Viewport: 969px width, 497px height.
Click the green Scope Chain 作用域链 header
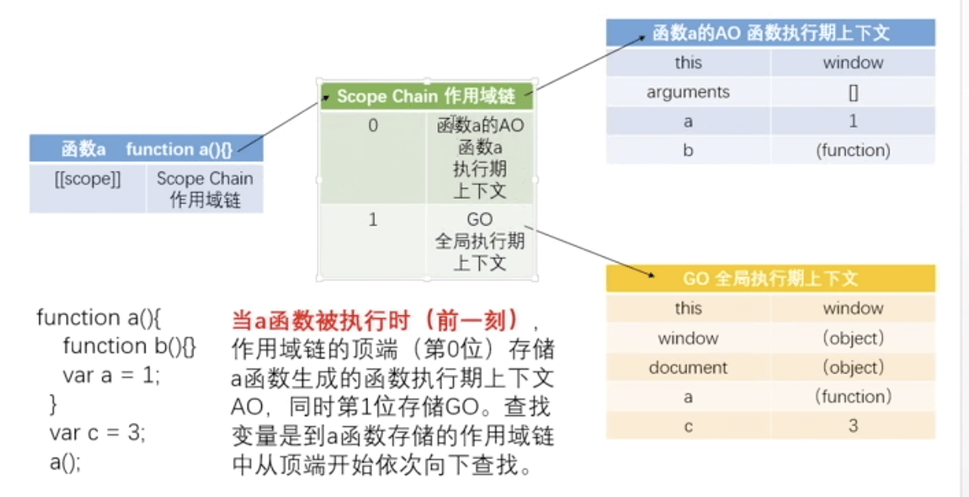pyautogui.click(x=426, y=96)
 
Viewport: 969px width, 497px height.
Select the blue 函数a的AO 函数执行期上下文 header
pyautogui.click(x=770, y=34)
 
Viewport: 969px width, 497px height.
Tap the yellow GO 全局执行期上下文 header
pyautogui.click(x=770, y=278)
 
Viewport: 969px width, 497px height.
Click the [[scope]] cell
pyautogui.click(x=88, y=179)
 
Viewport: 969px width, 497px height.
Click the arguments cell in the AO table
pyautogui.click(x=688, y=92)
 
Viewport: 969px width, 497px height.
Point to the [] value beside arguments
pyautogui.click(x=853, y=93)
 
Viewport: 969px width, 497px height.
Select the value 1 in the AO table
pyautogui.click(x=853, y=121)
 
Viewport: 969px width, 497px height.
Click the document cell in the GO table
pyautogui.click(x=688, y=367)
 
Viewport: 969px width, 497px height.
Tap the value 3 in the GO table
pyautogui.click(x=853, y=425)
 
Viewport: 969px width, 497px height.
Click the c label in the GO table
pyautogui.click(x=688, y=425)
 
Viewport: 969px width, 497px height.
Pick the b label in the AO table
pyautogui.click(x=688, y=150)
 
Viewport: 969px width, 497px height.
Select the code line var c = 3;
pyautogui.click(x=98, y=433)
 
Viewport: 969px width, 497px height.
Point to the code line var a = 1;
pyautogui.click(x=111, y=375)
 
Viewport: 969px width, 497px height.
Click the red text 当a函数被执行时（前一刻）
pyautogui.click(x=376, y=320)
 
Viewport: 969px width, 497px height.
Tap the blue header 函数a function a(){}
pyautogui.click(x=146, y=149)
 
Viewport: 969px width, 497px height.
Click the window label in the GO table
pyautogui.click(x=688, y=338)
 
